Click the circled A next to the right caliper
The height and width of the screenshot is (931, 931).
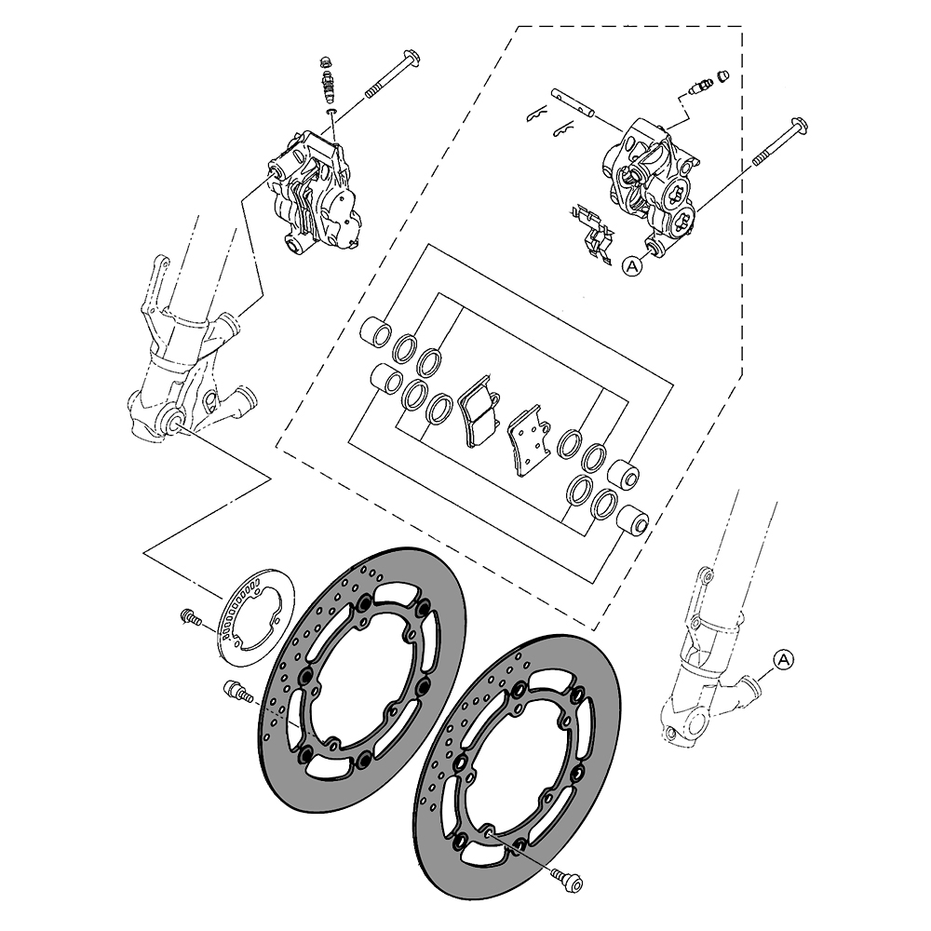coord(632,266)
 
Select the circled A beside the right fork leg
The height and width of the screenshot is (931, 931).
coord(783,659)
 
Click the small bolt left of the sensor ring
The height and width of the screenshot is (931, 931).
coord(189,616)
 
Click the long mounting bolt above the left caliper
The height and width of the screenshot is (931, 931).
coord(392,74)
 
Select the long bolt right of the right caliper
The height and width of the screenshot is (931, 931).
coord(782,143)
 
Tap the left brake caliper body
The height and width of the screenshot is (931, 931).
coord(313,195)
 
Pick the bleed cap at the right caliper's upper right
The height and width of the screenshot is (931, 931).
coord(722,75)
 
